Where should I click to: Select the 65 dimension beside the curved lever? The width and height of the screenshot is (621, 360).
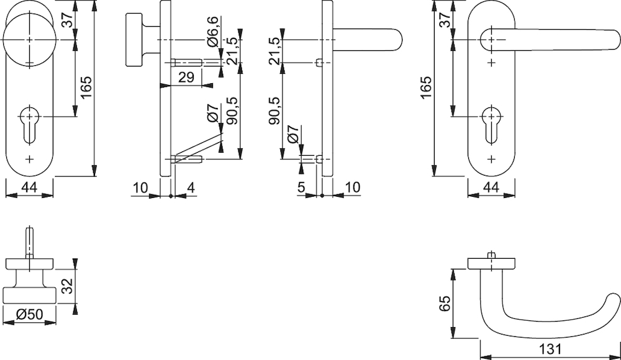coord(444,304)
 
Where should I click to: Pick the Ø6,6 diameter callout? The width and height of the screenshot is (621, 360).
coord(212,34)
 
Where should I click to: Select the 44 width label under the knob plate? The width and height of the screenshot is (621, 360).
coord(29,187)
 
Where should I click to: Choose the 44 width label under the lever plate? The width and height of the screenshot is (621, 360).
coord(491,187)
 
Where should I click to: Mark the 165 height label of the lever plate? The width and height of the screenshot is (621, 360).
coord(425,89)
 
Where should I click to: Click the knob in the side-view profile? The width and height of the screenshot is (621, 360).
coord(134,39)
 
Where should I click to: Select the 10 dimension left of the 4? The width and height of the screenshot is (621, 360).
coord(140,187)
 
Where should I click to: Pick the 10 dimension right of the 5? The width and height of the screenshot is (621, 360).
coord(351,187)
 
